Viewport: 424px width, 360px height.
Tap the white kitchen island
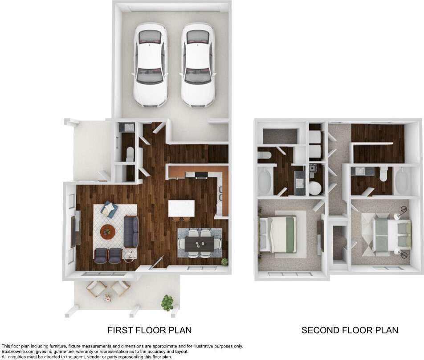coord(181,208)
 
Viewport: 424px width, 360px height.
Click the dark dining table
coord(200,243)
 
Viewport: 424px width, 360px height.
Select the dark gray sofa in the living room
coord(131,232)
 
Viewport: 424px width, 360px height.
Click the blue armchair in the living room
coord(109,209)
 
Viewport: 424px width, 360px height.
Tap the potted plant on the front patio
coord(167,302)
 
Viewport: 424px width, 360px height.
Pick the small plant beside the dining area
coord(224,262)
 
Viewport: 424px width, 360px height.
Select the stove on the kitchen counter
coord(201,174)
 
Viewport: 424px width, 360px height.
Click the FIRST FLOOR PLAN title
coord(150,330)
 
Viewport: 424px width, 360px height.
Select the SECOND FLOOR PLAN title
coord(350,330)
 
